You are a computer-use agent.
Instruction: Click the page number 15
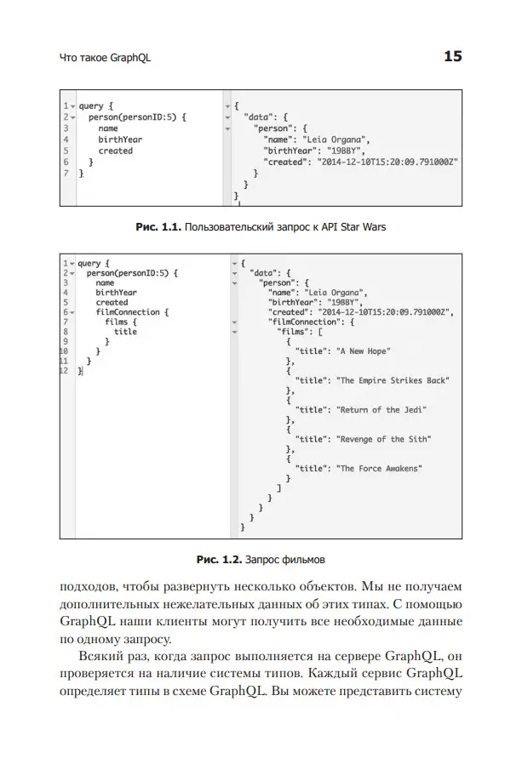tap(452, 57)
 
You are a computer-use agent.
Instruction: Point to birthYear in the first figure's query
tap(120, 140)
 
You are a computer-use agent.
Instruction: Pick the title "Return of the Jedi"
tap(381, 410)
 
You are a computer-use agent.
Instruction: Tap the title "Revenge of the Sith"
tap(384, 440)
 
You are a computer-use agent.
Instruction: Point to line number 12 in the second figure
tap(64, 371)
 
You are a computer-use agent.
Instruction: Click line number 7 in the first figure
tap(66, 172)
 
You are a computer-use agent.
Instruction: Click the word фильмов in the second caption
tap(304, 561)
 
